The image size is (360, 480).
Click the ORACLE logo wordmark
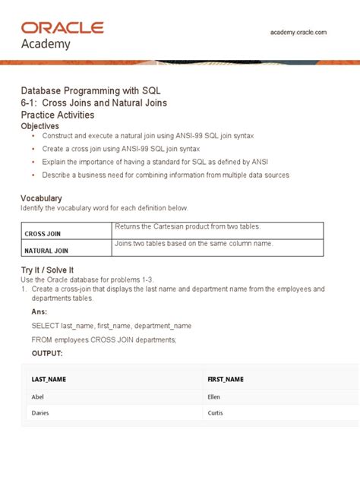point(62,27)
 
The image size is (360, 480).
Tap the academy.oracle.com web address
point(298,33)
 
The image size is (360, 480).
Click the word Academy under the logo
point(46,44)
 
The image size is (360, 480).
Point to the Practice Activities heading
point(58,115)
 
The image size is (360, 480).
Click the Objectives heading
point(43,125)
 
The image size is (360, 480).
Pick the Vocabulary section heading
point(41,198)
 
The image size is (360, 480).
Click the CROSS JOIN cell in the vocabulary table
point(43,234)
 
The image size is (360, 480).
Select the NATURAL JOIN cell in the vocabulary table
point(47,250)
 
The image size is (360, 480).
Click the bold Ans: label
point(39,311)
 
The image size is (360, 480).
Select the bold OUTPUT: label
point(47,353)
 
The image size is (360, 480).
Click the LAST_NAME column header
point(49,378)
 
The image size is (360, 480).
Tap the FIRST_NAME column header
point(225,378)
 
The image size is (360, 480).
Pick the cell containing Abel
point(38,396)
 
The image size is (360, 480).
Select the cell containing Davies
point(40,413)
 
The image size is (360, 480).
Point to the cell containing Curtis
point(216,413)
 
